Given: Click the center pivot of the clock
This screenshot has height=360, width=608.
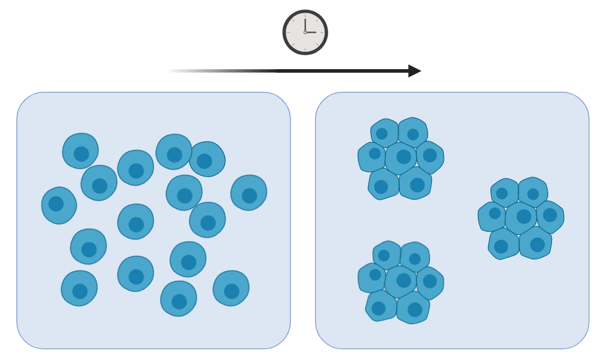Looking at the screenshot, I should click(305, 32).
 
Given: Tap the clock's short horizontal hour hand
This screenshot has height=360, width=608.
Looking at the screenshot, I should click(311, 32).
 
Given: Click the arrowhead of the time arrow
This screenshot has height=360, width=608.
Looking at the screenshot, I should click(414, 71).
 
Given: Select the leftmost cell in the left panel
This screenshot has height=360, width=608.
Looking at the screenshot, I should click(59, 205).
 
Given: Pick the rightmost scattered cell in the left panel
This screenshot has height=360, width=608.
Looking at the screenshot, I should click(248, 192).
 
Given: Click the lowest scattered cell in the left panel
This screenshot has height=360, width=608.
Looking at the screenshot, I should click(179, 298).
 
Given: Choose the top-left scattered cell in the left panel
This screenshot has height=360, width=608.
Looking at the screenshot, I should click(80, 151).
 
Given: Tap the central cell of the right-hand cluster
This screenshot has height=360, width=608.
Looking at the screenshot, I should click(521, 217).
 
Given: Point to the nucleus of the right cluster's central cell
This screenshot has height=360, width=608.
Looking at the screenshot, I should click(524, 217).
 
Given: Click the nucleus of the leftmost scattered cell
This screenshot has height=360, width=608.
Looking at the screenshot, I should click(56, 204).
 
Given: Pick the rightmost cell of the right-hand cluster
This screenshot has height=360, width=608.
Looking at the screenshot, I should click(550, 217).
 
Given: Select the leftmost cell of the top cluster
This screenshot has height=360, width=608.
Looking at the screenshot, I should click(372, 156).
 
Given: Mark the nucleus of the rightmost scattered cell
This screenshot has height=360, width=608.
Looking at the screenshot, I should click(250, 195).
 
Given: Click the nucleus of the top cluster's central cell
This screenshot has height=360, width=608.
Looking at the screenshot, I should click(404, 157).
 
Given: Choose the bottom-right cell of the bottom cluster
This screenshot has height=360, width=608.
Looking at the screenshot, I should click(413, 308).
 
